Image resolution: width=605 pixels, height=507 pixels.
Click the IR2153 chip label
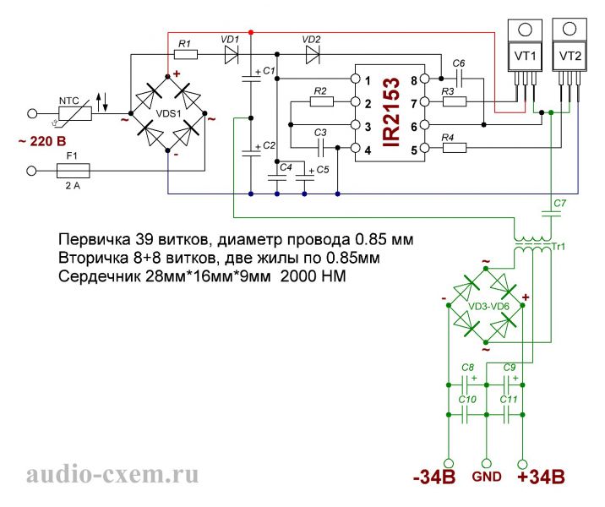coord(390,115)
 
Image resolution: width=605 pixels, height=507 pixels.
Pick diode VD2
coord(312,56)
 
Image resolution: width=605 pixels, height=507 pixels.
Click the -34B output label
coord(434,478)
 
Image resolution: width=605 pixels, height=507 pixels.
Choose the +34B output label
coord(536,478)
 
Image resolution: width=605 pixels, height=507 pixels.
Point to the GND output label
coord(486,477)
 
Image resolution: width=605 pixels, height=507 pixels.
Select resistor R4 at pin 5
coord(454,149)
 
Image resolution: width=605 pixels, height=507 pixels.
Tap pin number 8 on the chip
coord(414,81)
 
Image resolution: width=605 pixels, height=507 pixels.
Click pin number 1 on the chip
coord(369,81)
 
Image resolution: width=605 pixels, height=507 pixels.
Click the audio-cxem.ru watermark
coord(113,475)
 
